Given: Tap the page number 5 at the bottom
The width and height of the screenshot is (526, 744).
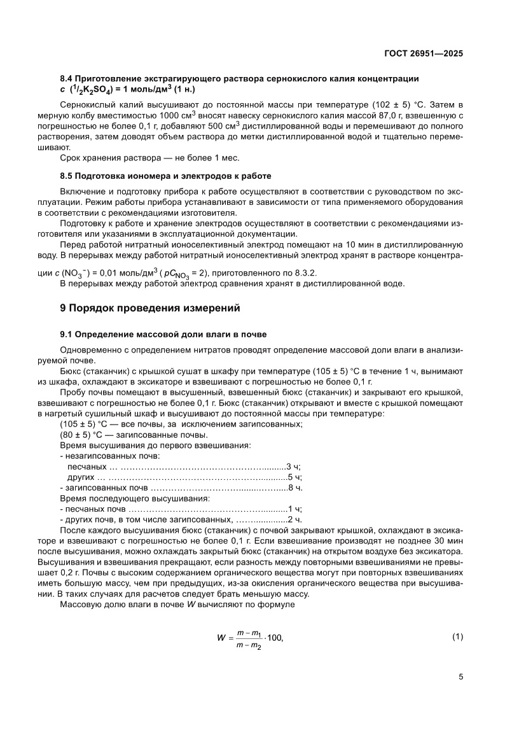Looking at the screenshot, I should click(x=460, y=677).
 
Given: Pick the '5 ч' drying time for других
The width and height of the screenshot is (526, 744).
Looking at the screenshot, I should click(x=294, y=477).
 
